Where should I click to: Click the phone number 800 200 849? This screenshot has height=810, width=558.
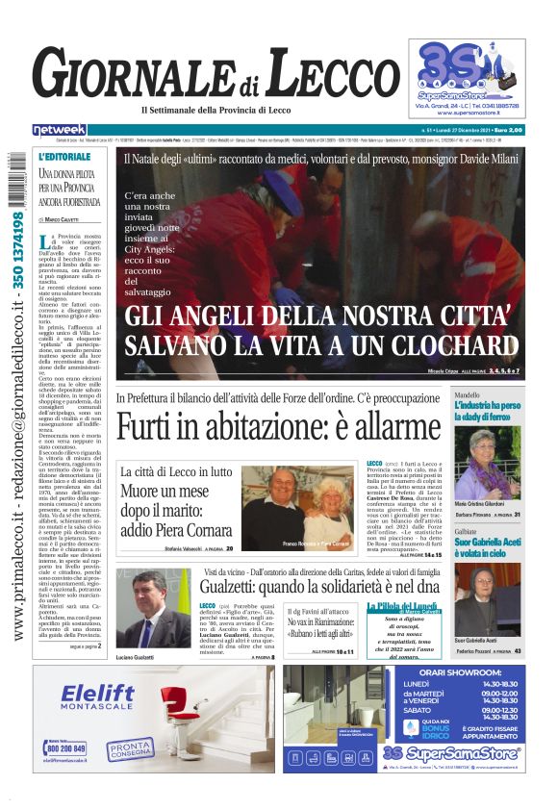[66, 747]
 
